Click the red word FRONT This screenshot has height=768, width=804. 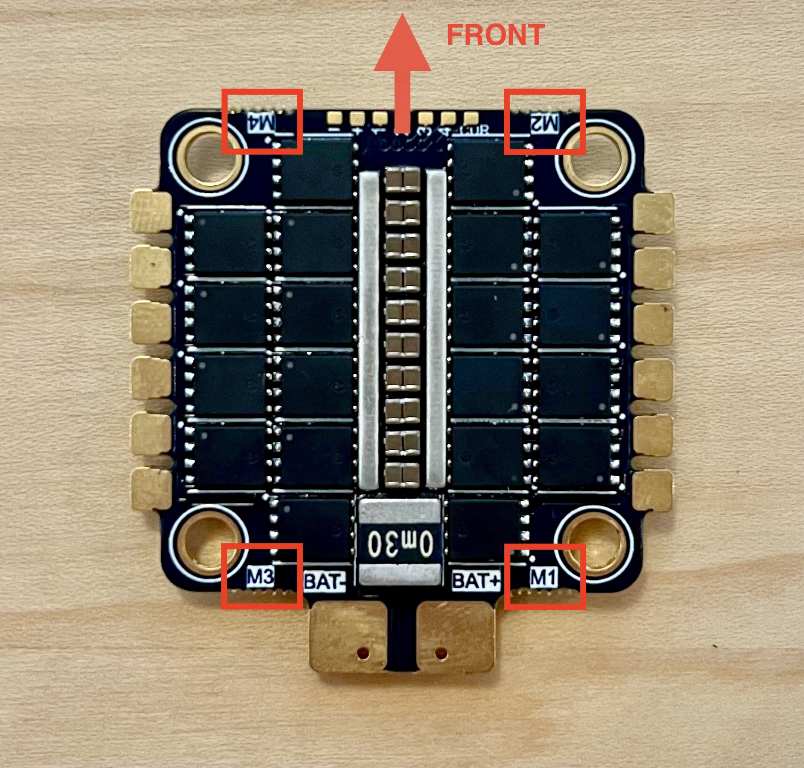[x=495, y=35]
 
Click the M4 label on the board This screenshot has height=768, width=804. [x=262, y=123]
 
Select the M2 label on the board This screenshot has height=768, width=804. [x=544, y=124]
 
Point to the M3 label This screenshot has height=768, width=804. [x=260, y=578]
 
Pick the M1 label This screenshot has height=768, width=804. [x=543, y=577]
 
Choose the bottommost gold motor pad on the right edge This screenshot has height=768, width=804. [x=653, y=490]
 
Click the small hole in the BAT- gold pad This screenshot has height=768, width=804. [x=363, y=653]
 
